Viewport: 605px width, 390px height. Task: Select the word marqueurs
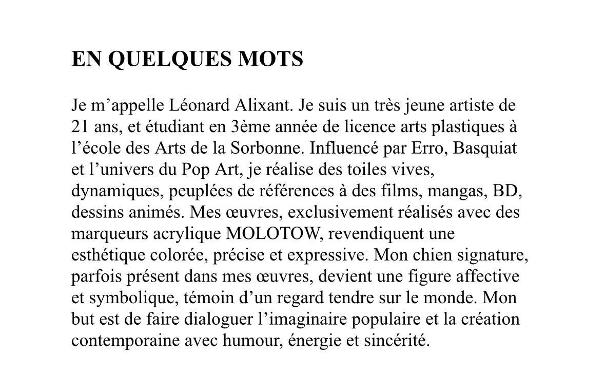[110, 234]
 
